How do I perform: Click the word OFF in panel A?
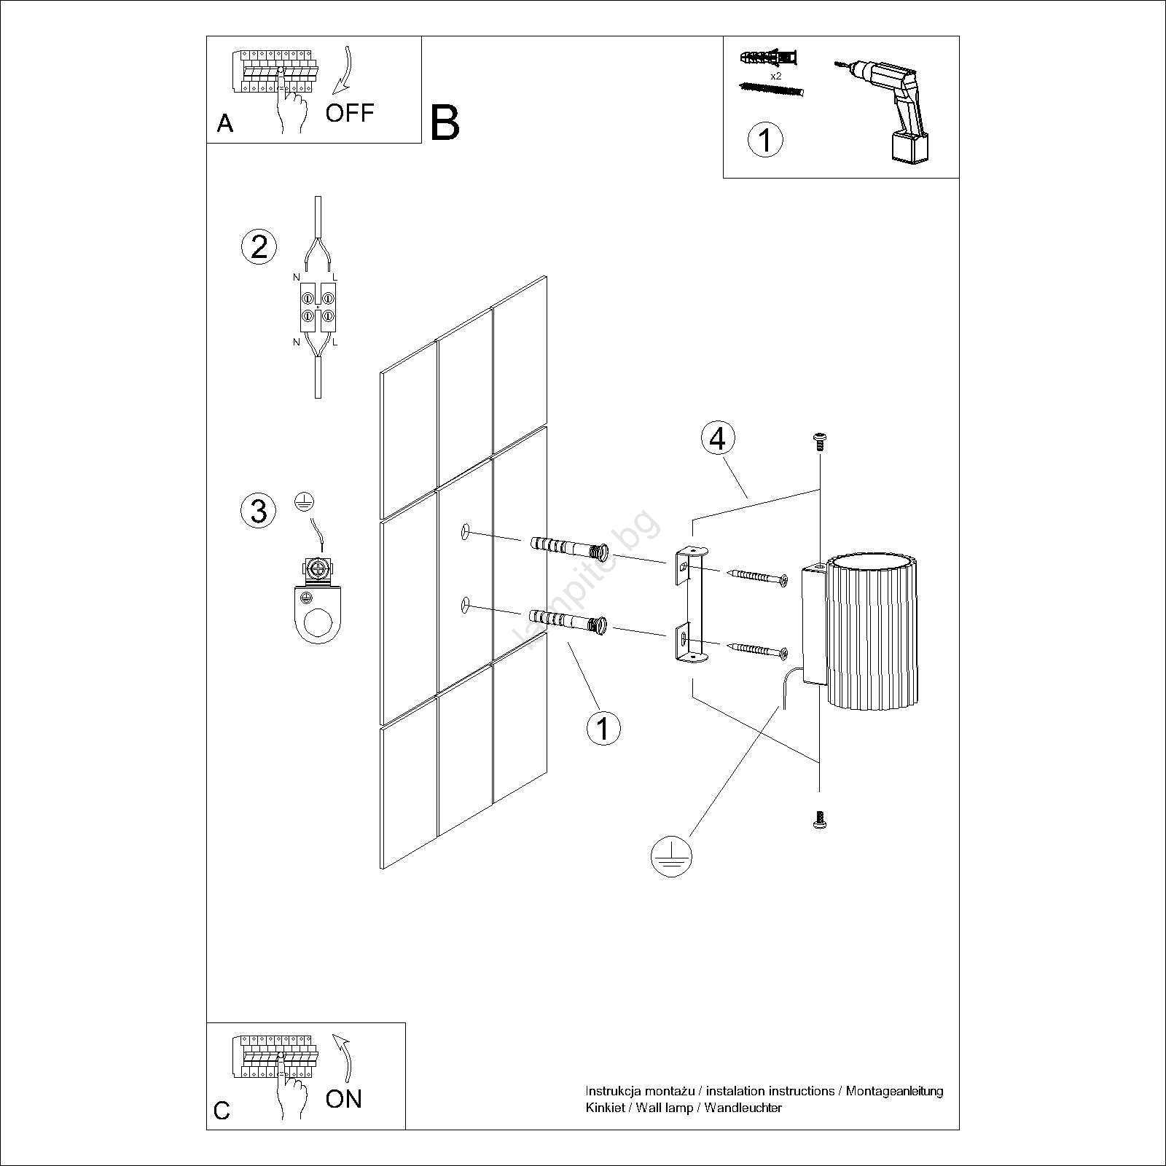350,113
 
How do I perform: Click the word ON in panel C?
344,1098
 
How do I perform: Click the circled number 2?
259,246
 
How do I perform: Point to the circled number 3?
259,510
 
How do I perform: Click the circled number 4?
718,439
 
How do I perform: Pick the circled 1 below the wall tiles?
603,727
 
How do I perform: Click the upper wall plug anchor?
569,547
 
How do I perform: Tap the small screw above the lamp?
820,442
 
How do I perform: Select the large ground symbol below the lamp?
670,856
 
